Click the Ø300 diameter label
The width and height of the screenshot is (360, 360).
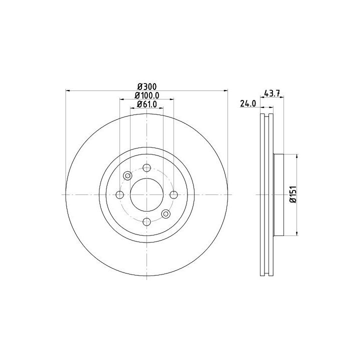pyautogui.click(x=147, y=86)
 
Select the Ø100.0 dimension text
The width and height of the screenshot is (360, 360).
pyautogui.click(x=147, y=95)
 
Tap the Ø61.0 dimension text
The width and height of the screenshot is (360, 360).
pyautogui.click(x=147, y=104)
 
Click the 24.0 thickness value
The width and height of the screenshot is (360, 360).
pyautogui.click(x=248, y=103)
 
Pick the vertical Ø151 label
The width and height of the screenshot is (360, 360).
pyautogui.click(x=293, y=194)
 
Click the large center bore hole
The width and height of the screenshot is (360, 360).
pyautogui.click(x=146, y=194)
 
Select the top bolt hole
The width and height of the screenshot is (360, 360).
pyautogui.click(x=146, y=168)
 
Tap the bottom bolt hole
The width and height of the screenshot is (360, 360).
pyautogui.click(x=146, y=222)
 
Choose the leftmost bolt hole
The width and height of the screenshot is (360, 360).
pyautogui.click(x=119, y=194)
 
